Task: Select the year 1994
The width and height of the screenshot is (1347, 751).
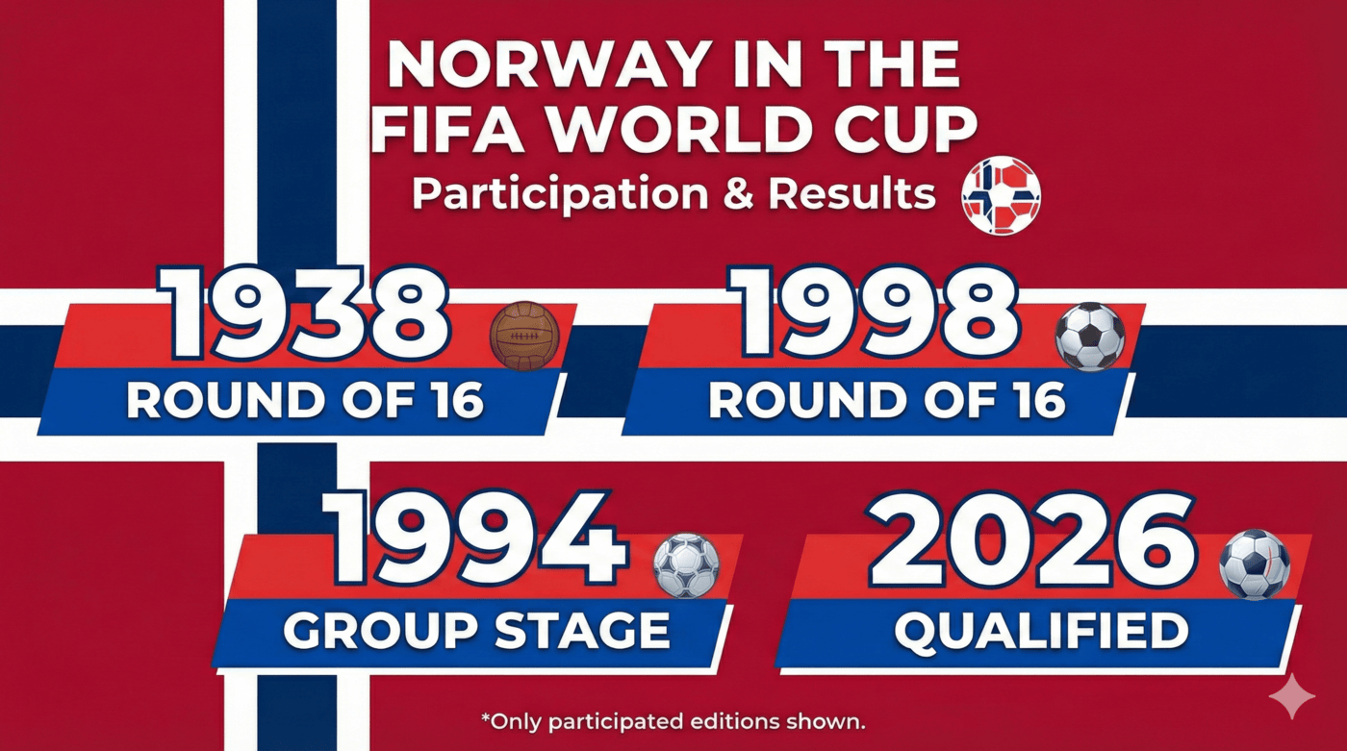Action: click(x=475, y=540)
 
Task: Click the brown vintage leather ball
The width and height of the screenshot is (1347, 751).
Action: click(x=524, y=335)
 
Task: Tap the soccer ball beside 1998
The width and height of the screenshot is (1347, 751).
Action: click(x=1089, y=337)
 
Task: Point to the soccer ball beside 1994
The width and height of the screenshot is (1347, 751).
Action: click(x=686, y=564)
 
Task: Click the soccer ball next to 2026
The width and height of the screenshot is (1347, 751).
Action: click(x=1254, y=563)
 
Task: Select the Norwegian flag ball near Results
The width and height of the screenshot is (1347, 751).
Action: click(x=1002, y=195)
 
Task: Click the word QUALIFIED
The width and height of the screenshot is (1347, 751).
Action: click(x=1040, y=631)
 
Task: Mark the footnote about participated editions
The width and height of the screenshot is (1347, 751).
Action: click(x=673, y=719)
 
